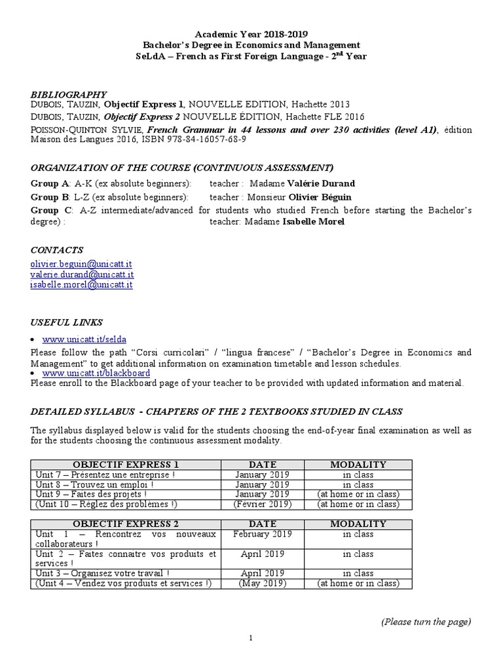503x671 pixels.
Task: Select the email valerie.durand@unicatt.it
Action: tap(82, 275)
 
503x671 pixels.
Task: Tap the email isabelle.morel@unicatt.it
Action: tap(82, 285)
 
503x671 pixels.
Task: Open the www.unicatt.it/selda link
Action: tap(84, 339)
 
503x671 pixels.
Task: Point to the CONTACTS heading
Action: tap(57, 250)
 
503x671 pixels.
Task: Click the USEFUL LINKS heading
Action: tap(67, 322)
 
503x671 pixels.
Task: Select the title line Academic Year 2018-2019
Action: tap(251, 34)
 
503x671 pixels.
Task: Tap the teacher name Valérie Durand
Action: tap(320, 183)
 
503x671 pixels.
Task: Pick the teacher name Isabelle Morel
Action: tap(314, 221)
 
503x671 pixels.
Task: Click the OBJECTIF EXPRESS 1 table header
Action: tap(125, 465)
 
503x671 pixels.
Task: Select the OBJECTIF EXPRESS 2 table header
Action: tap(125, 524)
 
